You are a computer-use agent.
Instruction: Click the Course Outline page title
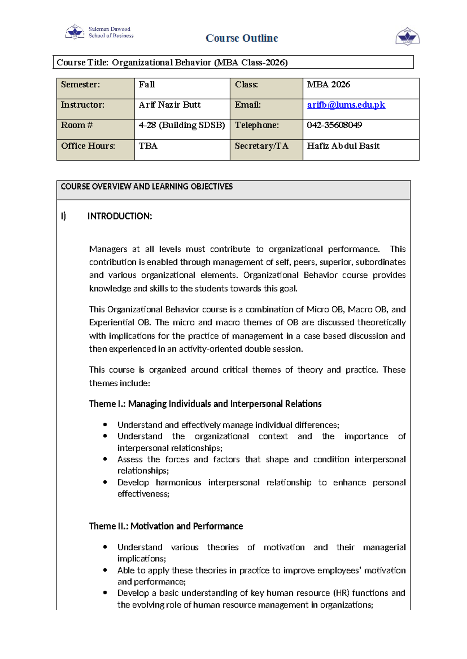coord(242,38)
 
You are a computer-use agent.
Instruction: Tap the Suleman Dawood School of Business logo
coord(100,32)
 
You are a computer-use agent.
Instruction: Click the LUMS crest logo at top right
coord(407,37)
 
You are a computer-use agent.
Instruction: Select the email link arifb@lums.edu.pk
coord(346,105)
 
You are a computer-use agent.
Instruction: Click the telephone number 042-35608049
coord(334,125)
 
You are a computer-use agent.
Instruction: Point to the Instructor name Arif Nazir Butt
coord(170,105)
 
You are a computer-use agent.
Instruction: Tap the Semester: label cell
coord(81,85)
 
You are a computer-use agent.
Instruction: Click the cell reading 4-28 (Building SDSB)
coord(182,125)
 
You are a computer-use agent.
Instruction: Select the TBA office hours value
coord(148,146)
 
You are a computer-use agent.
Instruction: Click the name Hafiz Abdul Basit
coord(343,146)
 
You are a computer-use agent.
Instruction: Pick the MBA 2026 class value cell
coord(328,85)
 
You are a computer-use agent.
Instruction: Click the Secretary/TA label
coord(262,146)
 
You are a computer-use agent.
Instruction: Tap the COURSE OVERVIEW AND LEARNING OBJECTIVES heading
coord(147,187)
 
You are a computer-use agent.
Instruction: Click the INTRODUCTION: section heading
coord(119,216)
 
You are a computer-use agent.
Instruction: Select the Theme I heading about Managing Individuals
coord(205,404)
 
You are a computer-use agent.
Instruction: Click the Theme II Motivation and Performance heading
coord(166,526)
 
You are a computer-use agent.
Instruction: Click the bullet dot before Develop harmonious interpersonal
coord(105,482)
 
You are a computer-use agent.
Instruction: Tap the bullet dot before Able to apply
coord(105,570)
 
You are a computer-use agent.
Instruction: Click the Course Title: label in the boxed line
coord(83,63)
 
